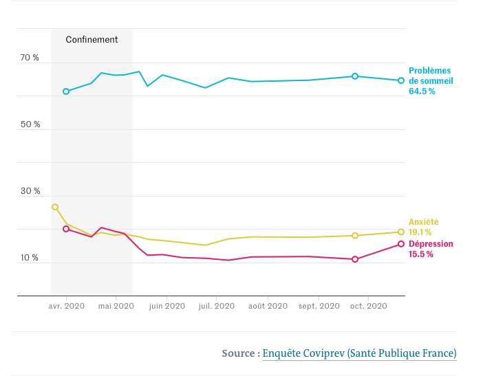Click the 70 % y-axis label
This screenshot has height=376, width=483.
(30, 58)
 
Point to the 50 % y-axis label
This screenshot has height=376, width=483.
(30, 124)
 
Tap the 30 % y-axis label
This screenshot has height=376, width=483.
(30, 191)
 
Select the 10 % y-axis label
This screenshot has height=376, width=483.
(30, 258)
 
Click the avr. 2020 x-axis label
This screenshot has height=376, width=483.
(66, 307)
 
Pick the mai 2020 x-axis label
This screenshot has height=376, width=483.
(116, 307)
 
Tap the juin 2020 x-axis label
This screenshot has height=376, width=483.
(167, 307)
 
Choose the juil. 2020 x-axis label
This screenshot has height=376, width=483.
(217, 307)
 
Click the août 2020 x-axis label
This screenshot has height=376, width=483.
(268, 307)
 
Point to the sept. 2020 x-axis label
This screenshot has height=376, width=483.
(319, 307)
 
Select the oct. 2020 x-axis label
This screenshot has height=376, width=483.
(369, 307)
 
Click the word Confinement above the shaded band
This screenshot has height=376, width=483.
(92, 40)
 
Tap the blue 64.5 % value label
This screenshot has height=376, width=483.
(422, 91)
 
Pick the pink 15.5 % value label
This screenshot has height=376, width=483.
(421, 254)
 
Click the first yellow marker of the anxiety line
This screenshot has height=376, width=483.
(55, 207)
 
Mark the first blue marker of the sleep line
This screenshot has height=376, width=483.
(66, 91)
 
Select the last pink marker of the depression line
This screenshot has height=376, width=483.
(401, 244)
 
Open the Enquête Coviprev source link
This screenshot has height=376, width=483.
(359, 353)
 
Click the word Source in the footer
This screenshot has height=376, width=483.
(238, 353)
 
